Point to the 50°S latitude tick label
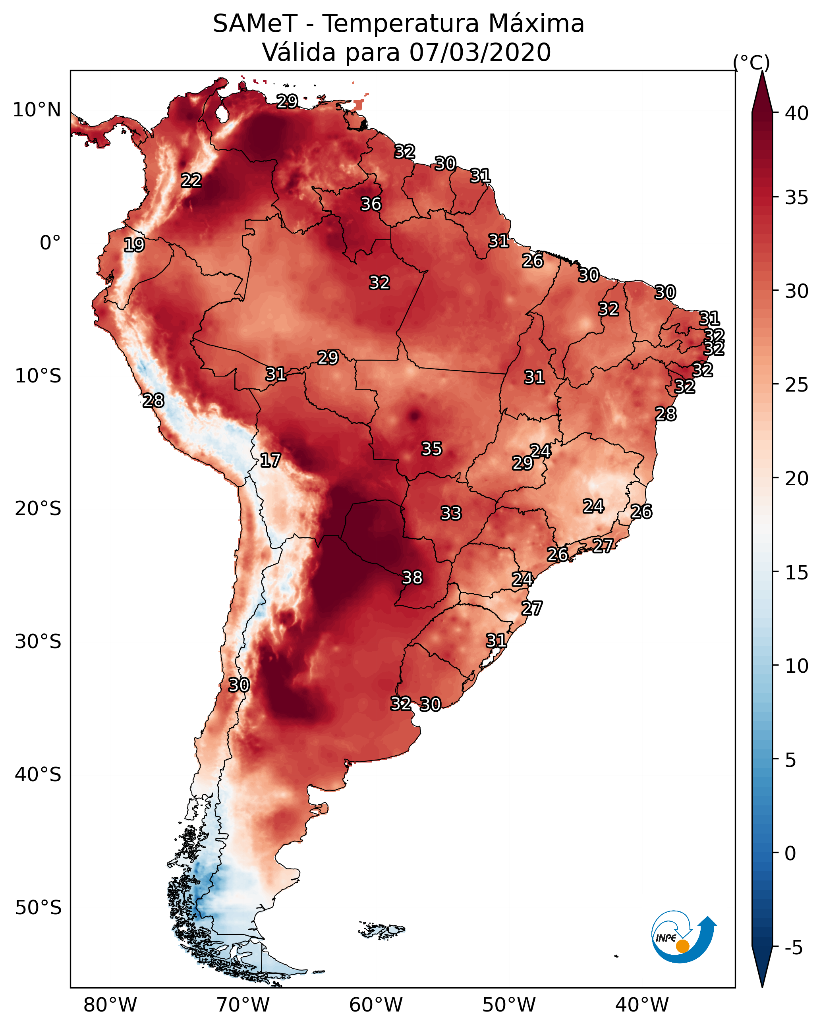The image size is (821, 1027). pos(38,908)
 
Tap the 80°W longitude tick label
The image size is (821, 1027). pos(110,1005)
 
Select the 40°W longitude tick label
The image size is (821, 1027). pos(642,1005)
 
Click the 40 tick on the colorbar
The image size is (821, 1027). pos(796,113)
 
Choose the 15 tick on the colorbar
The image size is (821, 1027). pos(796,573)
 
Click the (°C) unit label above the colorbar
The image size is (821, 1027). pos(751,62)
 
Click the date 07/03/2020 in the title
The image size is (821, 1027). pos(480,52)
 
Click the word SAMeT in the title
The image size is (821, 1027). pos(255,24)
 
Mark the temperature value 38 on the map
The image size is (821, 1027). pos(412,578)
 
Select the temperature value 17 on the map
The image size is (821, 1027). pos(270,460)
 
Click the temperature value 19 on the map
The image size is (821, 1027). pos(134,245)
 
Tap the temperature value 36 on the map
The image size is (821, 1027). pos(371,205)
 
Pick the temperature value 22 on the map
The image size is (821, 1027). pos(191,181)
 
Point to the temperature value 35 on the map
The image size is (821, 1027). pos(432,449)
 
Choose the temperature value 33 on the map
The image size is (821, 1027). pos(451,513)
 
